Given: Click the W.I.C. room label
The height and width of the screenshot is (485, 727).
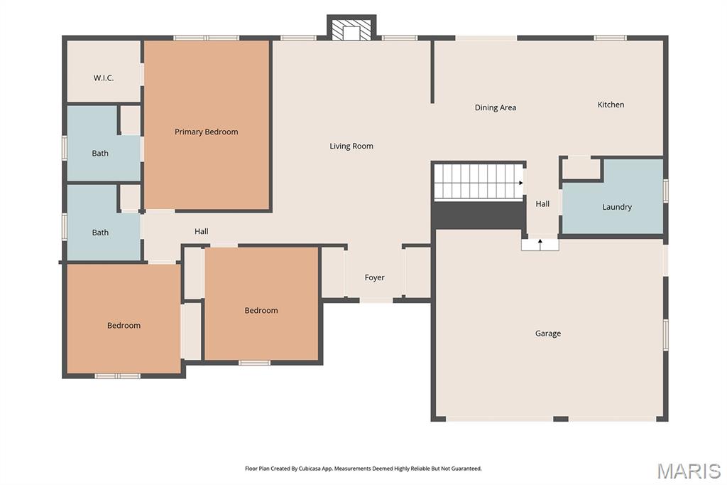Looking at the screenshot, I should click(104, 78).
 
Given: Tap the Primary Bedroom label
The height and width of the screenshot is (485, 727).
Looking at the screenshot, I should click(206, 132).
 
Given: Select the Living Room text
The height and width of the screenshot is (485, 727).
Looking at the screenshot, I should click(351, 146).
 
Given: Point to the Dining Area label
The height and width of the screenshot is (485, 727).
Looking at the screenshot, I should click(496, 108).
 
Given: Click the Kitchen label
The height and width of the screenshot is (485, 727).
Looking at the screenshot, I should click(611, 105).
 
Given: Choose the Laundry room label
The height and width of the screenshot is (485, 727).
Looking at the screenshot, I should click(617, 208).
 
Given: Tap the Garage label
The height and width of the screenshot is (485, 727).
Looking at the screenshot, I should click(548, 334).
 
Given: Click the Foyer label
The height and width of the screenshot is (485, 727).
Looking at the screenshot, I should click(375, 278).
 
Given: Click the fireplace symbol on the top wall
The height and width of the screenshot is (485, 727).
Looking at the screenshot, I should click(351, 29).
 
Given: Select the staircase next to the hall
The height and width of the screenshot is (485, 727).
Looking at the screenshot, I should click(478, 182).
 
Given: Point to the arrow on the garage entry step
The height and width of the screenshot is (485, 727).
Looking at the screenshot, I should click(540, 244).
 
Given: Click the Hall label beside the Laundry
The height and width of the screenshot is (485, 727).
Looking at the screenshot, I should click(542, 204).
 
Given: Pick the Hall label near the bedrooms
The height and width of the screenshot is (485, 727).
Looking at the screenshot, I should click(202, 232).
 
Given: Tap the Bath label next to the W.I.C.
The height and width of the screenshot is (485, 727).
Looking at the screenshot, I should click(100, 154).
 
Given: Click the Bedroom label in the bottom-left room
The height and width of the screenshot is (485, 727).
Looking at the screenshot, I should click(124, 326).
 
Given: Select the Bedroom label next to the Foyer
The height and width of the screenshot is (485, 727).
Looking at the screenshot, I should click(261, 311).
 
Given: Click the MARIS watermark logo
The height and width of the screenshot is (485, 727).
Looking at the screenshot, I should click(689, 471).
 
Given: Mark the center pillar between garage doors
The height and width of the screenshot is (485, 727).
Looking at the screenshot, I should click(561, 419).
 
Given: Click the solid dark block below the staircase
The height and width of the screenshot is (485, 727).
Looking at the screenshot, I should click(478, 215).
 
